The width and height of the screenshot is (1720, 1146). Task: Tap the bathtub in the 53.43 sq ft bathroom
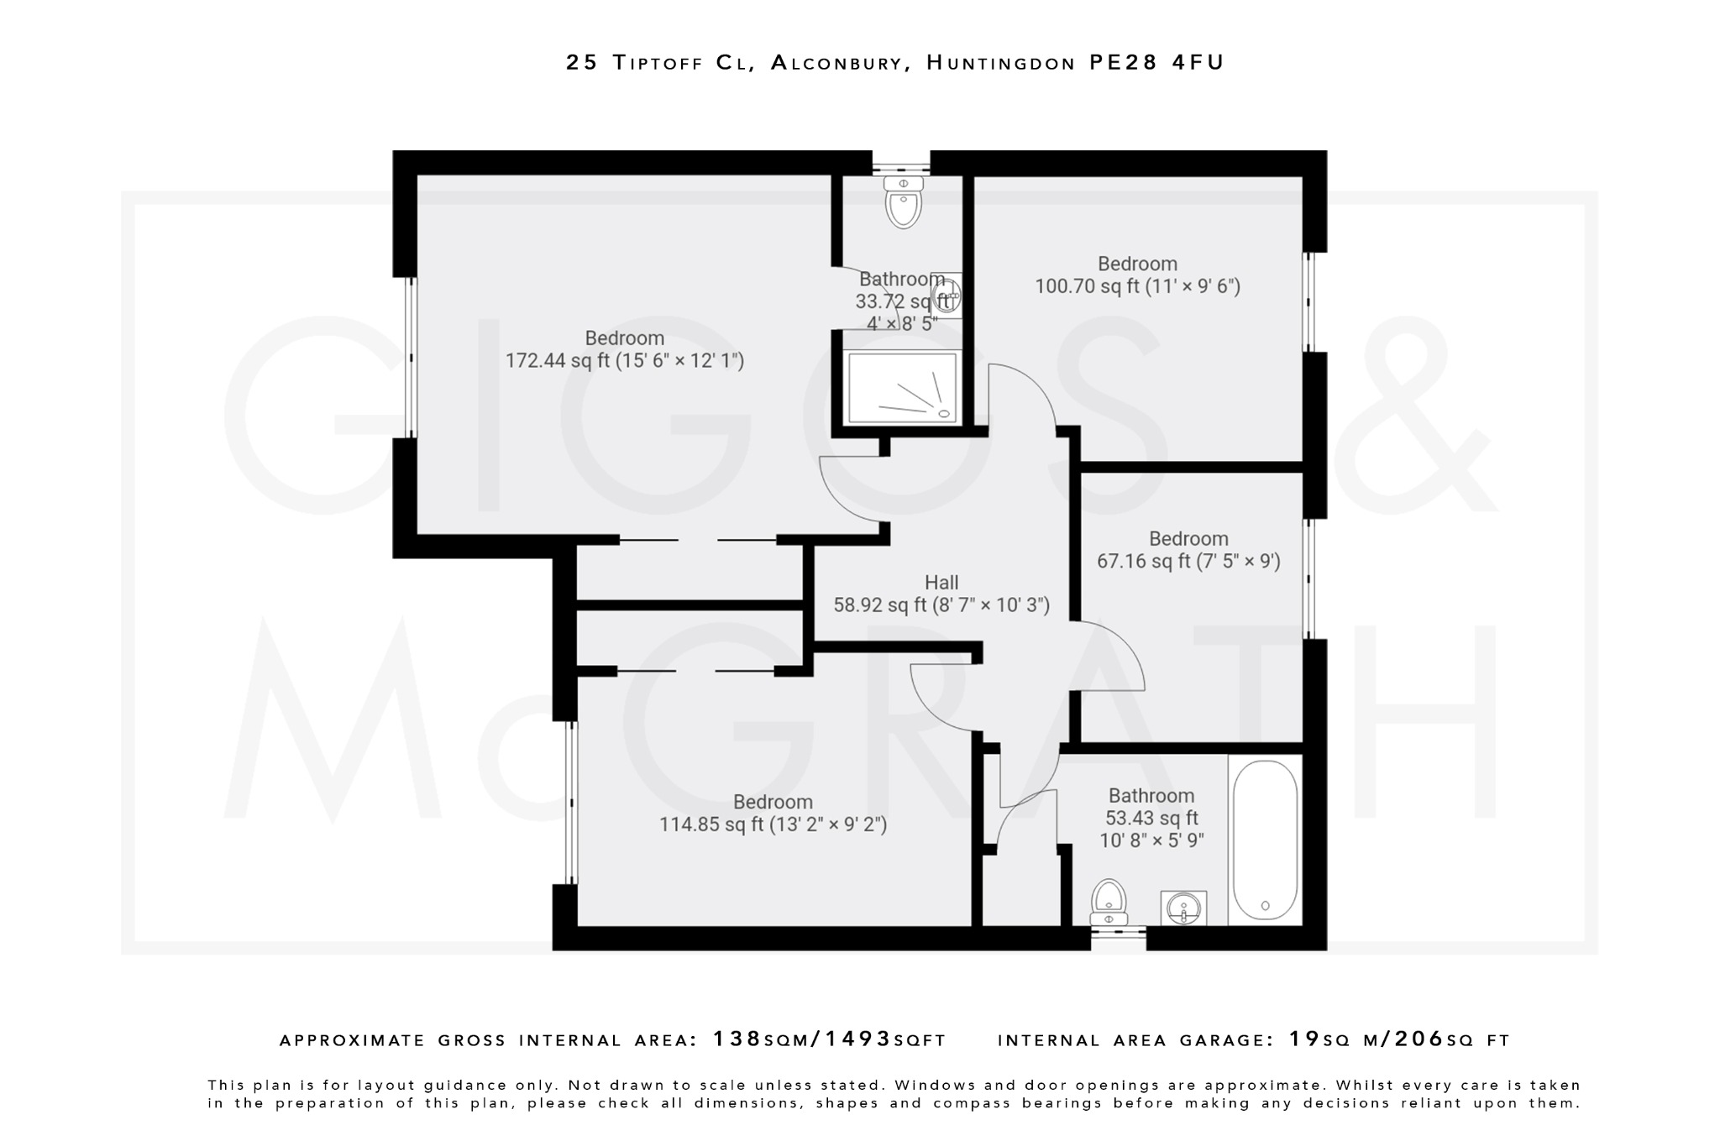pos(1265,840)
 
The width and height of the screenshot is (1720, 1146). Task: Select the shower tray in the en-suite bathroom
pos(902,387)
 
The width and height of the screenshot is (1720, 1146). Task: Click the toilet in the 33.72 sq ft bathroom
pos(904,202)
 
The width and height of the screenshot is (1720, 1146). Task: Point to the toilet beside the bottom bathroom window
pos(1109,902)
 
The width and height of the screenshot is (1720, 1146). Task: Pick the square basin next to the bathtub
pos(1184,908)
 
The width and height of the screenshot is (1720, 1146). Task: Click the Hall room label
pos(941,583)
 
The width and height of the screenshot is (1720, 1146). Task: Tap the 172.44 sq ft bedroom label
pos(624,350)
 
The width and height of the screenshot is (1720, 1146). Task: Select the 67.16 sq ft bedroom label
pos(1188,550)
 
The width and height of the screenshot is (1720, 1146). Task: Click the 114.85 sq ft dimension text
pos(773,825)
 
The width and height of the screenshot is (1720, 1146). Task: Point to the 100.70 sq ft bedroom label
pos(1137,275)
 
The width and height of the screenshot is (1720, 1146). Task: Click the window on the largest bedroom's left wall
pos(411,358)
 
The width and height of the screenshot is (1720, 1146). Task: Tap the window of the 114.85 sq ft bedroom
pos(571,803)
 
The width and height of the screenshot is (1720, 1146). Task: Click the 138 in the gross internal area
pos(737,1039)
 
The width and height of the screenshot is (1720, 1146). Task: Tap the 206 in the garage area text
pos(1419,1039)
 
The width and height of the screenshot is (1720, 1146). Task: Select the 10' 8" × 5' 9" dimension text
pos(1151,840)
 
